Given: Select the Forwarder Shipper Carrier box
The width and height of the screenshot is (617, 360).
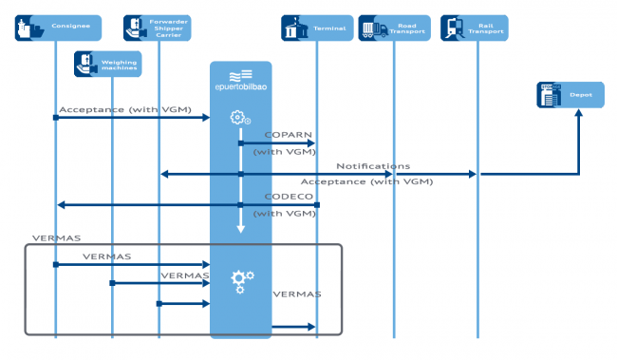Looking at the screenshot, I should [x=158, y=28].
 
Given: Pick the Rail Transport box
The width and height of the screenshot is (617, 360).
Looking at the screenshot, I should [x=475, y=28].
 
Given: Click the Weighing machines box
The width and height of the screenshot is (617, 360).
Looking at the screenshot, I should [x=108, y=64].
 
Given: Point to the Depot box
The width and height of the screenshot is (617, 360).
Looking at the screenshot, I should [x=570, y=94].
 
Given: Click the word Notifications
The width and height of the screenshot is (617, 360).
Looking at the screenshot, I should [x=373, y=166].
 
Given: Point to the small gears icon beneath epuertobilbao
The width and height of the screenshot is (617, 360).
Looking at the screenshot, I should [x=240, y=119].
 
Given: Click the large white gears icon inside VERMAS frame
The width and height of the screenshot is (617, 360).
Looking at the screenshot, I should [x=242, y=279].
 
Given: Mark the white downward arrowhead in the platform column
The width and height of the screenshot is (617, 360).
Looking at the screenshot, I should [x=240, y=228].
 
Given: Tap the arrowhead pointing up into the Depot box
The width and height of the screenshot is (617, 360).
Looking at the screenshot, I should [x=578, y=112].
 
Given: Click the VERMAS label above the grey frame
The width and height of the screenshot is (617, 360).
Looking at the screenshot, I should [x=30, y=236].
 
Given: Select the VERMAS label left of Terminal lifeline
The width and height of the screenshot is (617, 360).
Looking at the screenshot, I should [x=296, y=294].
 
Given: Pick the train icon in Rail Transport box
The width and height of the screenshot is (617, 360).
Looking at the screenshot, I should [x=455, y=28].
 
